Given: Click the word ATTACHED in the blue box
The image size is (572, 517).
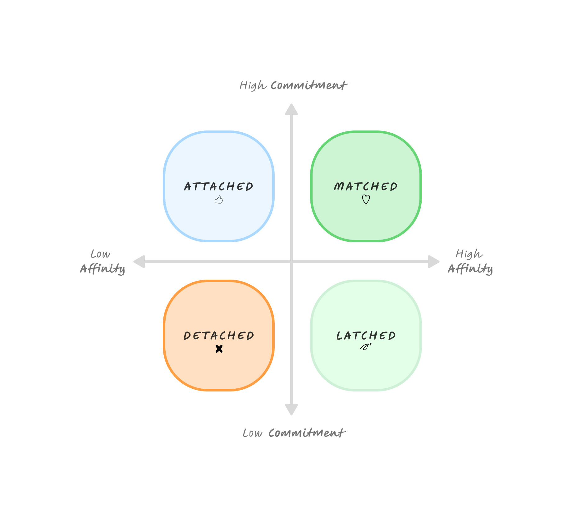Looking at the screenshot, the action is (219, 186).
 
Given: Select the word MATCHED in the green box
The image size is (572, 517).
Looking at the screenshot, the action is (366, 186).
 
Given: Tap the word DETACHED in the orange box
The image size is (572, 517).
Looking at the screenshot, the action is (219, 336).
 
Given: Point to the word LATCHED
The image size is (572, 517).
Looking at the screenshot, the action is (366, 336).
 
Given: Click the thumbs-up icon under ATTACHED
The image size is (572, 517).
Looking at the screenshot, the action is (219, 200).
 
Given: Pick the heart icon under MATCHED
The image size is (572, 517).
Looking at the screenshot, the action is (366, 199).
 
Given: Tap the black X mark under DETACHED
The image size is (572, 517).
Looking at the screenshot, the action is (219, 349).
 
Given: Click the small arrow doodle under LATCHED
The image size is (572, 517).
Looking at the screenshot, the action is (366, 346).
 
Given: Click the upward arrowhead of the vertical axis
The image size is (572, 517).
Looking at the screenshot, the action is (291, 109).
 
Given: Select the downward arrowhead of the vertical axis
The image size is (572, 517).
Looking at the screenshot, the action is (291, 409).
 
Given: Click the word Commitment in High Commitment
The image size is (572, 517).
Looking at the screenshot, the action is (309, 85).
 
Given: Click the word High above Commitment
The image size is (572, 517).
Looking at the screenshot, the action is (253, 85).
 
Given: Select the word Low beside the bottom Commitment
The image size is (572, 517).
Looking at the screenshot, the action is (253, 433).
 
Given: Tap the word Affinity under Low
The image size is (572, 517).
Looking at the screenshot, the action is (103, 269).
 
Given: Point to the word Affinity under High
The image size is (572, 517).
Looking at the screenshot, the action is (470, 269).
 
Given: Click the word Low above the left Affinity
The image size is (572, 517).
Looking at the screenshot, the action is (100, 254).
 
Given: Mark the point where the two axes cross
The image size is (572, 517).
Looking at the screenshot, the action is (291, 262).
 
